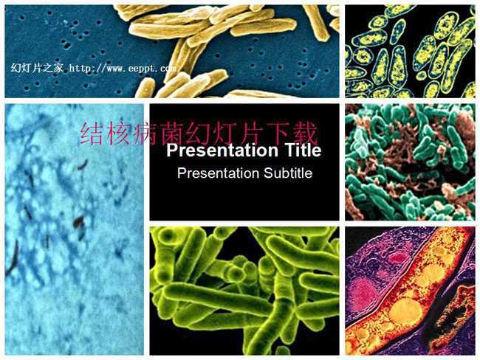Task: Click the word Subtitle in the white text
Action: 288,173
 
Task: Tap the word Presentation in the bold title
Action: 222,150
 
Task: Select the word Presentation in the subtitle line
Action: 219,173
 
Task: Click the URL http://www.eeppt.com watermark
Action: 123,68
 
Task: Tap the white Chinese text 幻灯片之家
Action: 37,68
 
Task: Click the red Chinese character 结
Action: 91,134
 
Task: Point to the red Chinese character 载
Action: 304,134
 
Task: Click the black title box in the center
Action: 244,162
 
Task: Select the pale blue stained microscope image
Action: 75,229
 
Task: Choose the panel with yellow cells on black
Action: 410,52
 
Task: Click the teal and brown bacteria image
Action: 410,162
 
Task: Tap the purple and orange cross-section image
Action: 410,291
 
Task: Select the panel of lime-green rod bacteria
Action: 244,291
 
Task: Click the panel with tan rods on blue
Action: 172,52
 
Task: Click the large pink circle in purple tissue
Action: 363,293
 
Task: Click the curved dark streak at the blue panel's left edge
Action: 13,258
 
